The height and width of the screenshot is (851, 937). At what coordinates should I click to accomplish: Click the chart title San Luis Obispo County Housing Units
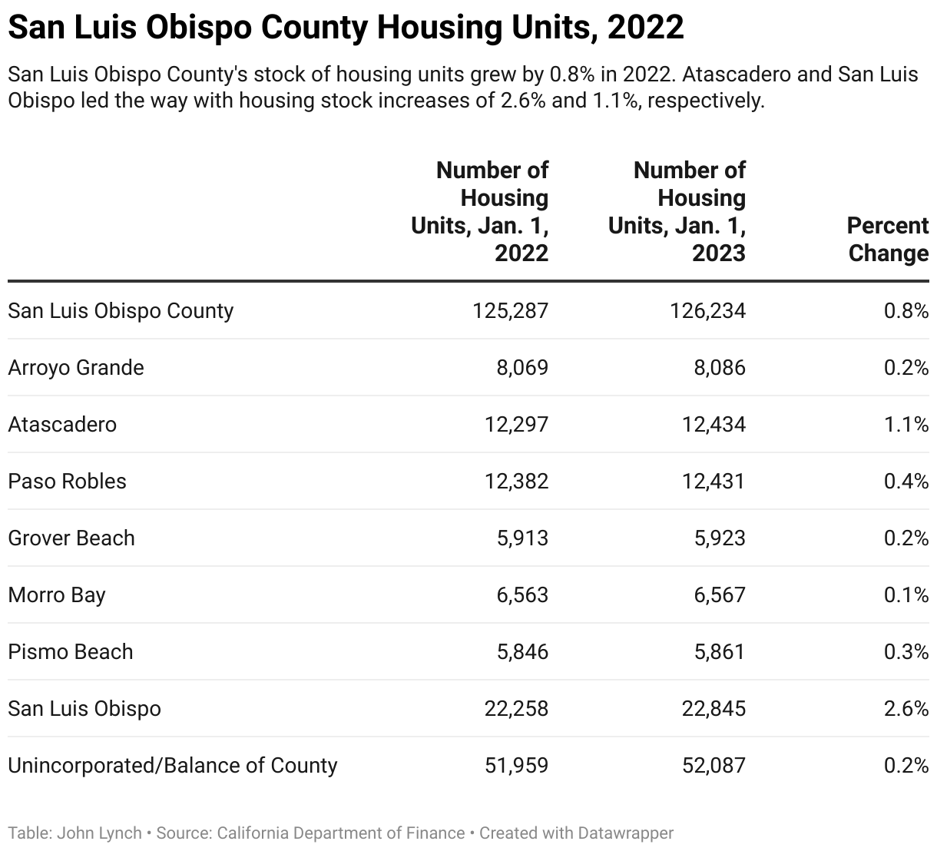click(x=346, y=28)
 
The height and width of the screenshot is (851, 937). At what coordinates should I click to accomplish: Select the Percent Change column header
click(x=887, y=240)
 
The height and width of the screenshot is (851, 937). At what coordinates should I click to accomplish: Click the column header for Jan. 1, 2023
click(x=677, y=212)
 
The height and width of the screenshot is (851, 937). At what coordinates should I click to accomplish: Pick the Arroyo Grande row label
click(x=76, y=367)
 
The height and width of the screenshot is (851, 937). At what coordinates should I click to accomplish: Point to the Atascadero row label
click(x=62, y=424)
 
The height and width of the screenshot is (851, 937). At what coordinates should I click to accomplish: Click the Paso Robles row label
click(x=67, y=481)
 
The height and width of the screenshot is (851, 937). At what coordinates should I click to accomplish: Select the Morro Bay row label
click(x=57, y=594)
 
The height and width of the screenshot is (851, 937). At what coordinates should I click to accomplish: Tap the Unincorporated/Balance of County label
click(x=173, y=765)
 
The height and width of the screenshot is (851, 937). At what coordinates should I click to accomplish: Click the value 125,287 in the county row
click(x=511, y=310)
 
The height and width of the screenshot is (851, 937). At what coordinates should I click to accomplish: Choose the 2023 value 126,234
click(x=707, y=310)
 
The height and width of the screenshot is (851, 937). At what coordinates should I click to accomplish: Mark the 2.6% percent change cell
click(x=906, y=708)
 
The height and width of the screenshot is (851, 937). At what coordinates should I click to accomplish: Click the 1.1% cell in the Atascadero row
click(x=906, y=424)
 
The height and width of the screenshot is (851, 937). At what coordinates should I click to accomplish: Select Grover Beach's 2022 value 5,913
click(x=522, y=538)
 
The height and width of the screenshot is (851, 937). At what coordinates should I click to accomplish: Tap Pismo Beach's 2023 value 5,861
click(x=720, y=651)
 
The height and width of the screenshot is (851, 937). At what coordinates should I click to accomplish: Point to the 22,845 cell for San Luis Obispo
click(x=714, y=708)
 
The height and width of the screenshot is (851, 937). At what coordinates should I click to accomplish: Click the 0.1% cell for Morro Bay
click(x=906, y=594)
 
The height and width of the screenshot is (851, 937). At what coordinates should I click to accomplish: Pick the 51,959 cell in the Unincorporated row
click(x=516, y=765)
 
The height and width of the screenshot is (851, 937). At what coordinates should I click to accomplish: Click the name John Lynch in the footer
click(x=99, y=833)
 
